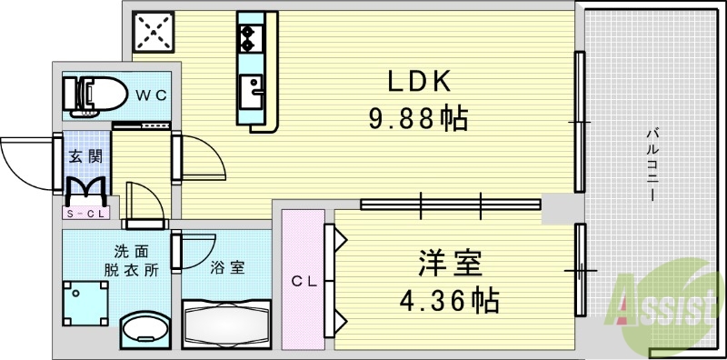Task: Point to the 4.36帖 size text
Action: [451, 298]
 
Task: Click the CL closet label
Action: [302, 282]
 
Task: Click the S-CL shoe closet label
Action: [85, 214]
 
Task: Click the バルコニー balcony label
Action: [652, 165]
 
